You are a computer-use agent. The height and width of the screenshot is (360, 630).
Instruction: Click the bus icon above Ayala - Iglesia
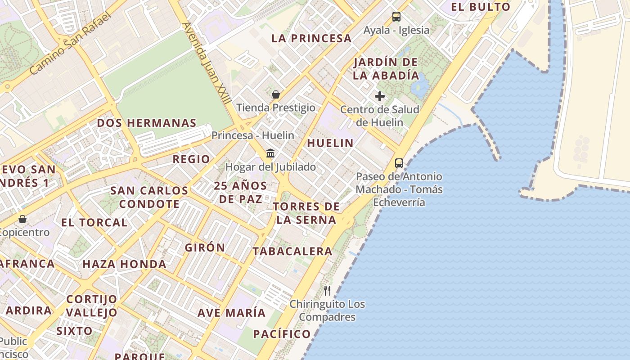pyautogui.click(x=396, y=17)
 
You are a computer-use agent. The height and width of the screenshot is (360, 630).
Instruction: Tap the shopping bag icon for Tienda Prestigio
pyautogui.click(x=276, y=94)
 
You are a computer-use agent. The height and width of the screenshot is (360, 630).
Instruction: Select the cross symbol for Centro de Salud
pyautogui.click(x=380, y=96)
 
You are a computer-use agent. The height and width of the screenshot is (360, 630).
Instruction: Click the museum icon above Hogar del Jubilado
pyautogui.click(x=270, y=153)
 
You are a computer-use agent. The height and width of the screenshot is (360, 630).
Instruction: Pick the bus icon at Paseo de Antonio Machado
pyautogui.click(x=399, y=163)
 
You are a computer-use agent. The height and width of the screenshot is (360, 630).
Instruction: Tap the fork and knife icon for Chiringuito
pyautogui.click(x=327, y=291)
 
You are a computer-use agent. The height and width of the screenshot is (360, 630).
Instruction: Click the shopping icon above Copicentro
pyautogui.click(x=22, y=219)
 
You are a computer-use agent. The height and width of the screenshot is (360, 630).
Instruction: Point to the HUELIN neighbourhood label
pyautogui.click(x=330, y=143)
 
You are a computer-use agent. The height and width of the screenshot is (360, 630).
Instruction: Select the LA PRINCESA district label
pyautogui.click(x=311, y=38)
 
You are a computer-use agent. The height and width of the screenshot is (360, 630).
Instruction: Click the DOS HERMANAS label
pyautogui.click(x=147, y=123)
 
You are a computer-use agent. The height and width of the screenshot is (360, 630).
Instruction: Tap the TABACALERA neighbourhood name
pyautogui.click(x=292, y=251)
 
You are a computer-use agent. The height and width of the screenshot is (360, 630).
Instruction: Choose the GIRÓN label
pyautogui.click(x=205, y=247)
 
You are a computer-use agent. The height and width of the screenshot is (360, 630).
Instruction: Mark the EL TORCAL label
pyautogui.click(x=94, y=222)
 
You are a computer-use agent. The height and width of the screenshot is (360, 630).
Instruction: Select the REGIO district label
pyautogui.click(x=191, y=159)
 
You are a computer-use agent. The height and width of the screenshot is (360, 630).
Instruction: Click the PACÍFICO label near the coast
pyautogui.click(x=282, y=334)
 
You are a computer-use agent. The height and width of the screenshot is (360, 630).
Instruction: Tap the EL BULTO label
pyautogui.click(x=481, y=7)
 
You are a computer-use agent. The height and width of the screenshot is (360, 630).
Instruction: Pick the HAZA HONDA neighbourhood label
pyautogui.click(x=125, y=264)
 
